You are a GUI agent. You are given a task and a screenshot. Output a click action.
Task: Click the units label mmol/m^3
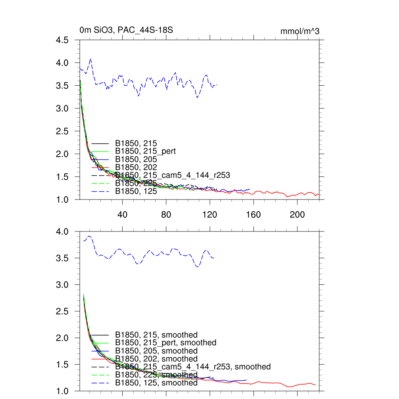pos(300,31)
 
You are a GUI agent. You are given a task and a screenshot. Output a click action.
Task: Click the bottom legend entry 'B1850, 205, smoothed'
pos(156,351)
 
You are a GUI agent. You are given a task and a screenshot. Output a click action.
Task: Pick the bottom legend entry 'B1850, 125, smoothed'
pos(156,383)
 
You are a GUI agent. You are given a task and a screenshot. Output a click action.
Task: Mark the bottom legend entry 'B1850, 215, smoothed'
pos(156,335)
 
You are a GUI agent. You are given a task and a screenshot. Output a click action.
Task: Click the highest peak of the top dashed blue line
pos(90,59)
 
